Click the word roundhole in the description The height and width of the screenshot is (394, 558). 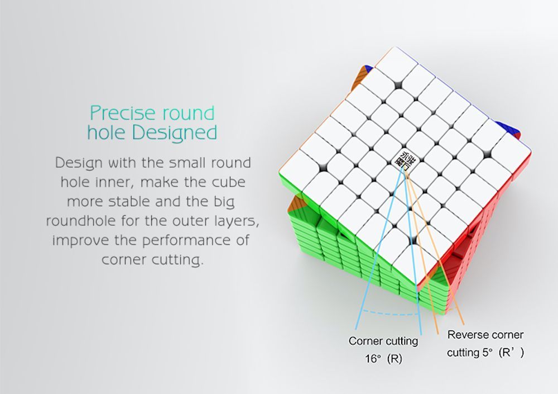(x=81, y=221)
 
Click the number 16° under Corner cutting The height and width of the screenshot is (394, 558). (x=373, y=358)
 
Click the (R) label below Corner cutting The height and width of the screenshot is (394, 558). (x=394, y=358)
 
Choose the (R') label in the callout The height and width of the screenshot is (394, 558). (x=511, y=353)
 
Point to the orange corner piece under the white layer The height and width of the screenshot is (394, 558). (x=297, y=205)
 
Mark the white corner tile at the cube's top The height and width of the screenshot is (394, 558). (x=396, y=64)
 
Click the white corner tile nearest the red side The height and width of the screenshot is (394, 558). (x=416, y=263)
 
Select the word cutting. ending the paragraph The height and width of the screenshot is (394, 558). (x=177, y=260)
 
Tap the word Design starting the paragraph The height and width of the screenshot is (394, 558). (x=78, y=163)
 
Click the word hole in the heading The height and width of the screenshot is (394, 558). (x=106, y=132)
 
